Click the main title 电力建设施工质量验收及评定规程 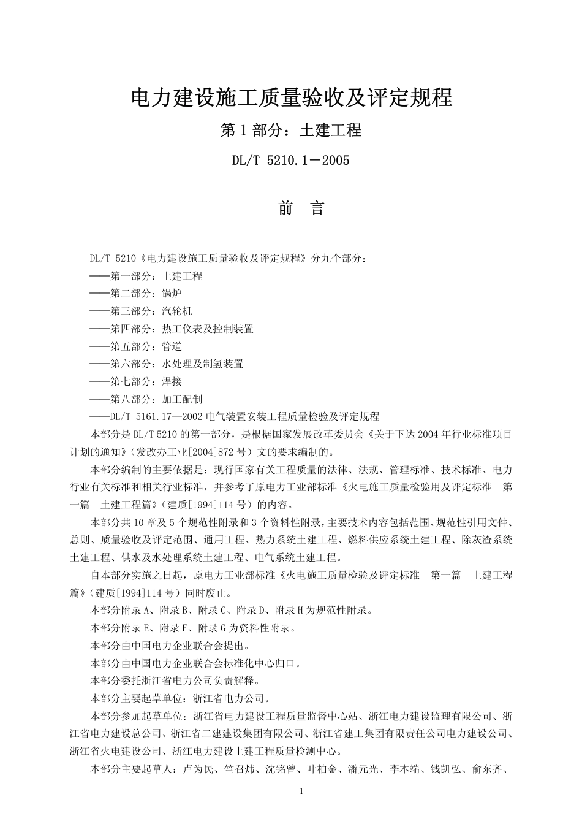point(291,98)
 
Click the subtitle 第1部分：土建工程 point(291,130)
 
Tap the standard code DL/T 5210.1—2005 point(290,161)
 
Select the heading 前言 point(301,208)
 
